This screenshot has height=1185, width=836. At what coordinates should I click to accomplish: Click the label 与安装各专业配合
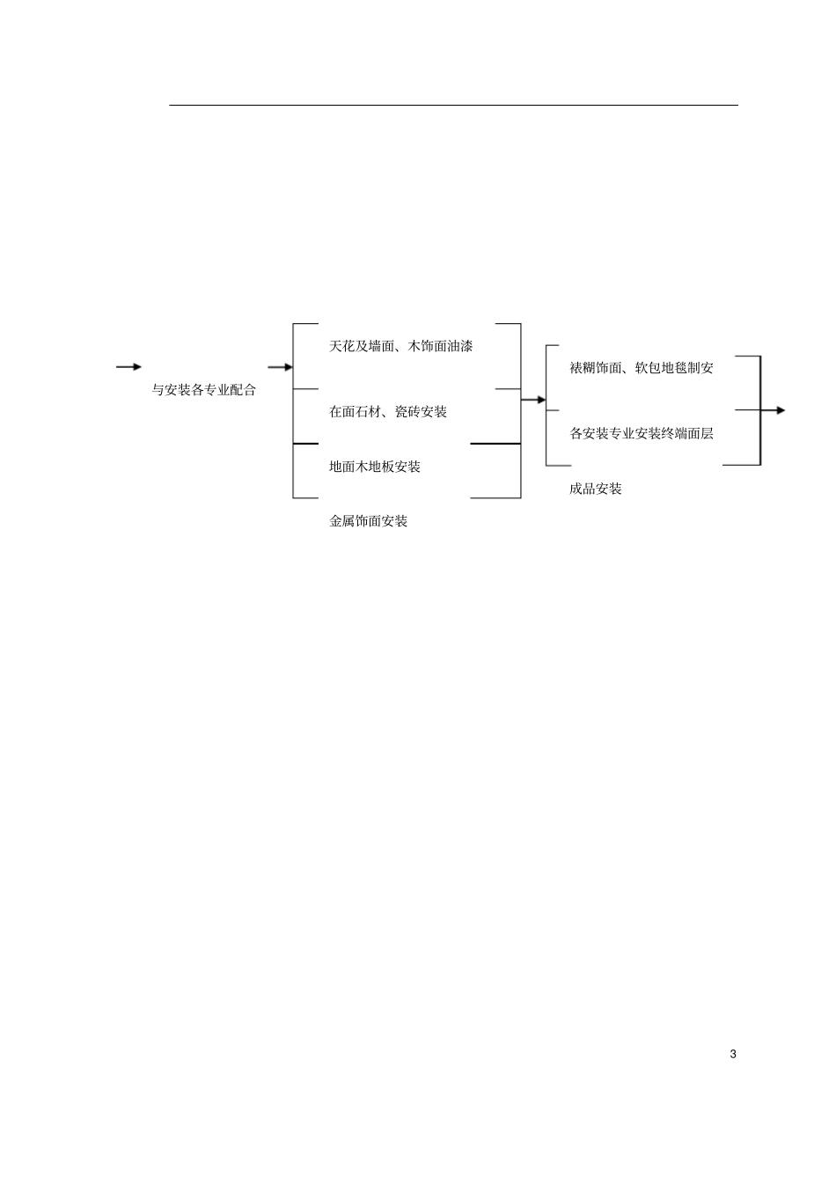coord(204,390)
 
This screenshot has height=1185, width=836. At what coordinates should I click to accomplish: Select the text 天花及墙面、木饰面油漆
coord(400,347)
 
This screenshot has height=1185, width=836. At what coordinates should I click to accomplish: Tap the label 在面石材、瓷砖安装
coord(388,411)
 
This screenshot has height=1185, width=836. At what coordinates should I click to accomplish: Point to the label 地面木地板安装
coord(375,467)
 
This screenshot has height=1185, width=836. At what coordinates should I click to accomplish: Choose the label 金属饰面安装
coord(368,521)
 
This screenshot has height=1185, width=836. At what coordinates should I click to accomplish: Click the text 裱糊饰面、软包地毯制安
coord(642,368)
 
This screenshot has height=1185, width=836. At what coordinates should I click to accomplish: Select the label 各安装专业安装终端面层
coord(642,434)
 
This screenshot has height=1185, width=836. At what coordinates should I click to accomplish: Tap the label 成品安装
coord(596,489)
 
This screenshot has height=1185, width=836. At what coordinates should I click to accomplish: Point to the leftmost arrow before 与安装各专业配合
coord(129,367)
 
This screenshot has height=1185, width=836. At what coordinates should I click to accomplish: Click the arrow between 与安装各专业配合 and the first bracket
coord(280,367)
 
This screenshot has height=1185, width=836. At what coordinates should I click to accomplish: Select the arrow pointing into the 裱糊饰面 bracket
coord(533,400)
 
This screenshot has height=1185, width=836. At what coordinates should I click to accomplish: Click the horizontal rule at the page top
coord(454,106)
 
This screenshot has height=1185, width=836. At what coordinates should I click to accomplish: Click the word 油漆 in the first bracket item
coord(460,347)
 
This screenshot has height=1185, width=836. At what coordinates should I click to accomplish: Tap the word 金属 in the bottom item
coord(342,521)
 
